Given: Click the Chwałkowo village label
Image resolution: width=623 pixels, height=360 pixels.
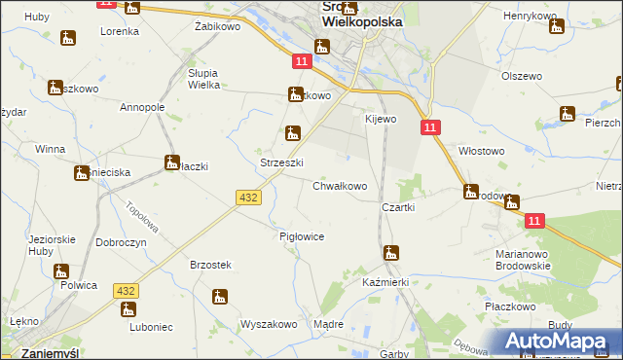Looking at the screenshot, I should coord(340,186).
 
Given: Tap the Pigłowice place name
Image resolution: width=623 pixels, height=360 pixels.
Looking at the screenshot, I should coord(301,236).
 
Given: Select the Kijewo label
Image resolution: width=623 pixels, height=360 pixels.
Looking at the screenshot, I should coord(381,119).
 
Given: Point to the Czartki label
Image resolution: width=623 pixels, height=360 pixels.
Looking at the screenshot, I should coord(399,207).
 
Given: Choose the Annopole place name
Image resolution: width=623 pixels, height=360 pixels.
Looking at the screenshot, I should coord(142,107).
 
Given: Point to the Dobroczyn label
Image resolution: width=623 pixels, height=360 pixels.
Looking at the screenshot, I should coord(121,240).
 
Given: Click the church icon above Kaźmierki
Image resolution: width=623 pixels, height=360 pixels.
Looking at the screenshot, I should coord(391,253).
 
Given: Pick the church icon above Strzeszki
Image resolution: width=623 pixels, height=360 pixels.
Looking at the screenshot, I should coord(291,133).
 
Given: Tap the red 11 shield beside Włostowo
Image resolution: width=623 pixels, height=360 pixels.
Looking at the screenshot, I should coord(430,127).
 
